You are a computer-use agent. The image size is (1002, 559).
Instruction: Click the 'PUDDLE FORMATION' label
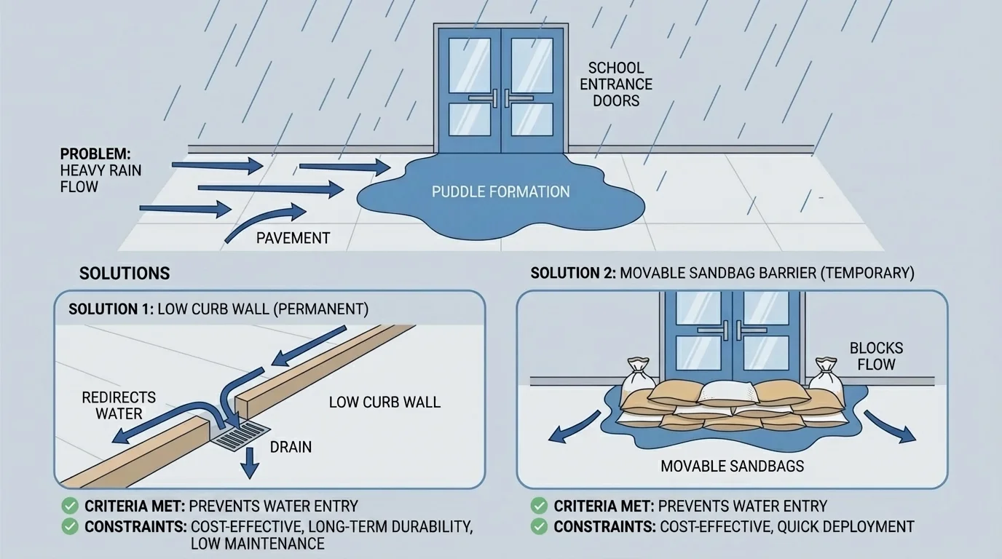click(500, 192)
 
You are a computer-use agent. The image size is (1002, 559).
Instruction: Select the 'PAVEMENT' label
click(293, 238)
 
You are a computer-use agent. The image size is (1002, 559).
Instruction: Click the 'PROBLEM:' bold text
click(95, 154)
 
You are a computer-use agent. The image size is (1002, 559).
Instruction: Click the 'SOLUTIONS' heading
click(125, 274)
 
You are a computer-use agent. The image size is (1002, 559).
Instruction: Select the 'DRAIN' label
click(291, 447)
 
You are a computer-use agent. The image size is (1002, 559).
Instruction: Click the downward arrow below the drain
click(250, 464)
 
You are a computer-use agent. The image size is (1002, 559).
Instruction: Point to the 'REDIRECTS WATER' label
click(119, 405)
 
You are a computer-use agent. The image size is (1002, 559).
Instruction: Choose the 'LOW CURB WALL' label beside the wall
click(384, 402)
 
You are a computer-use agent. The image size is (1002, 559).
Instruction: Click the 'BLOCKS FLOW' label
click(876, 356)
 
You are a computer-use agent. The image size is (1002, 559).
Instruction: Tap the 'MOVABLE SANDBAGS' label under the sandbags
click(732, 466)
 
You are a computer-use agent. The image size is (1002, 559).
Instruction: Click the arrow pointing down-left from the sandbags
click(572, 429)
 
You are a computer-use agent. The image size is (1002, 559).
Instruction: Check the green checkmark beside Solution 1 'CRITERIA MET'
click(71, 506)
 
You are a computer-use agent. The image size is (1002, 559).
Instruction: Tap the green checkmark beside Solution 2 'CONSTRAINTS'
click(540, 526)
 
